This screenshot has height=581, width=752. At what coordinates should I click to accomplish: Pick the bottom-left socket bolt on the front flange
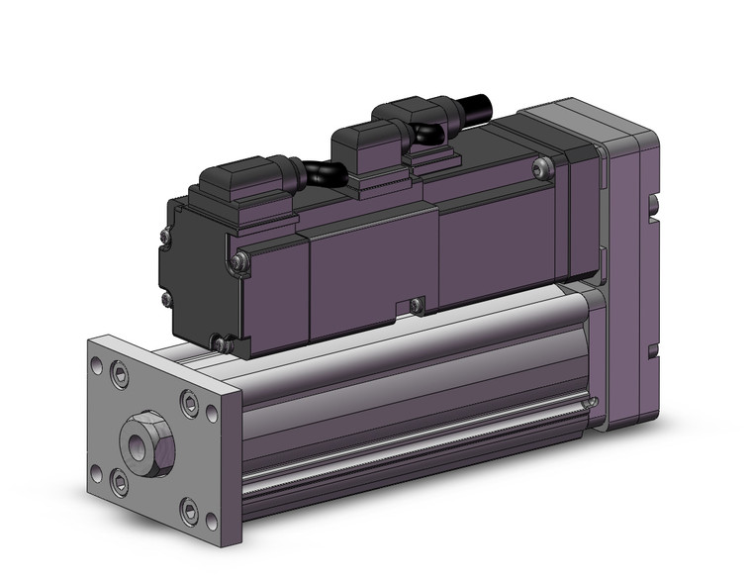(120, 483)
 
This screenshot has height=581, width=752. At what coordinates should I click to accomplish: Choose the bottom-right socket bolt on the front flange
(190, 512)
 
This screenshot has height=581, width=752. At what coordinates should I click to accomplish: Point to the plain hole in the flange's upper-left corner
(97, 363)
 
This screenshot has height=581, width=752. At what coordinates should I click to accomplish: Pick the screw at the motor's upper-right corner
(539, 170)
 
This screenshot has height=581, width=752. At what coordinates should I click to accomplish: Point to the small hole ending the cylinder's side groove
(591, 403)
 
